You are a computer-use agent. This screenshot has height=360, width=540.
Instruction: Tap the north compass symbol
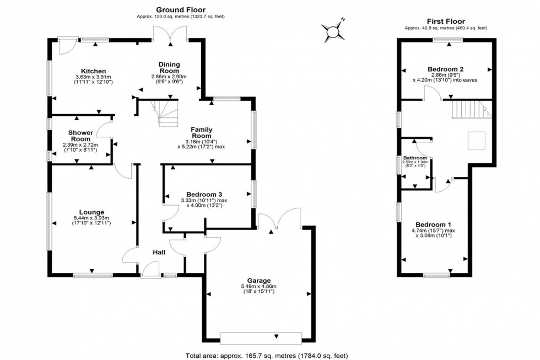pos(333,31)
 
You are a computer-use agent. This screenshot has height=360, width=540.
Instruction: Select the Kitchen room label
pos(94,71)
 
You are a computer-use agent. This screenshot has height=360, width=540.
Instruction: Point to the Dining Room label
pos(169,67)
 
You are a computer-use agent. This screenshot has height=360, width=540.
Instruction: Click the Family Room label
pos(201,132)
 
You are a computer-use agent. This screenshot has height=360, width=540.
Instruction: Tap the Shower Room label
pos(80,136)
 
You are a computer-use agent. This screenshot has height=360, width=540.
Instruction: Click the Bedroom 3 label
pos(204,194)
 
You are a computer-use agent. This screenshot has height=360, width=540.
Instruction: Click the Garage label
pos(258,280)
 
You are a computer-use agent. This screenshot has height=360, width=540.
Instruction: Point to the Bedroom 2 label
pos(445,69)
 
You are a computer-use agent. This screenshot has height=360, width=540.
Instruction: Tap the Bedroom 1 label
pos(433,224)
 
